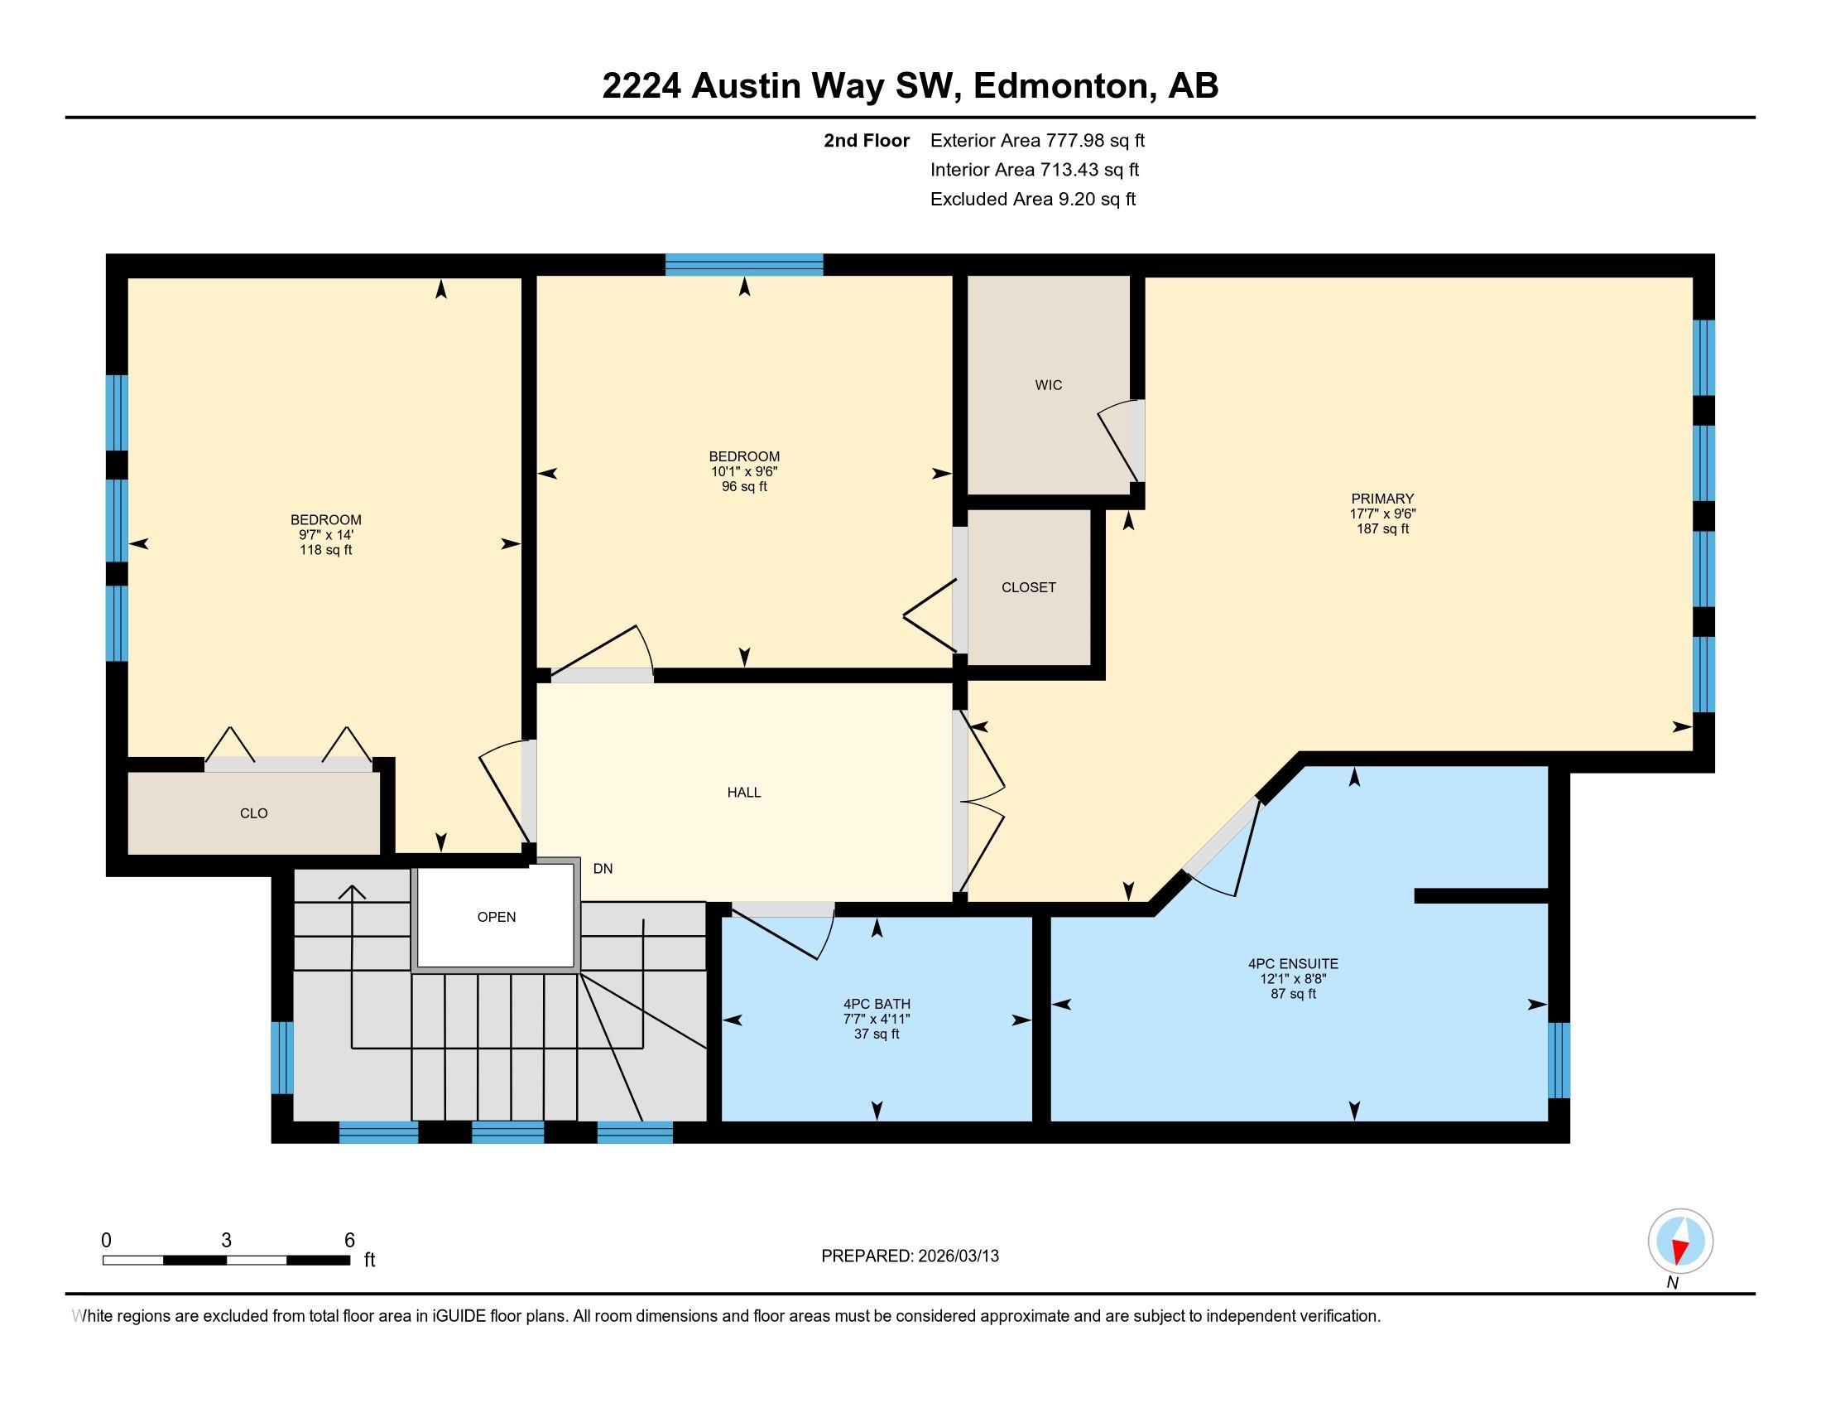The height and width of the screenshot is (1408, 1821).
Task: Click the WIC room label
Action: click(1048, 384)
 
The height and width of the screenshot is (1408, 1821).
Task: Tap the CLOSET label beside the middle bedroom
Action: click(1028, 587)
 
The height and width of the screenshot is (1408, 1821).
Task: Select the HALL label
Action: click(744, 793)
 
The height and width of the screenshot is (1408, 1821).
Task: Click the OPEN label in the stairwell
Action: click(496, 917)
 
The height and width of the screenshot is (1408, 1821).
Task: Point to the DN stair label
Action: click(603, 868)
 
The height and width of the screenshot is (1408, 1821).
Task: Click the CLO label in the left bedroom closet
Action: click(253, 813)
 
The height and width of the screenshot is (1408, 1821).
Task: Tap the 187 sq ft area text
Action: click(1382, 529)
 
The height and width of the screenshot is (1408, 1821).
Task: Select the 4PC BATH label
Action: click(877, 1005)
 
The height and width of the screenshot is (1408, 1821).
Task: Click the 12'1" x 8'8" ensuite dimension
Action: click(1292, 979)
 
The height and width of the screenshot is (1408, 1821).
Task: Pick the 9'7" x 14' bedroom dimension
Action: click(325, 535)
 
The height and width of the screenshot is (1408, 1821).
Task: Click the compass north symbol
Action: click(1680, 1242)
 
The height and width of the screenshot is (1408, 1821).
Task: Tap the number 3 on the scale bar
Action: click(226, 1241)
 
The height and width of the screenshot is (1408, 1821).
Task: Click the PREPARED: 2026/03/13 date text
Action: click(910, 1256)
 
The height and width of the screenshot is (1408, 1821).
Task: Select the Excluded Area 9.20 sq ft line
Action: click(1032, 200)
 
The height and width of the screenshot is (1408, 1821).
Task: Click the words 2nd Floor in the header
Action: click(866, 141)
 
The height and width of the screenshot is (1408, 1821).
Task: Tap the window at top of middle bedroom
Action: click(744, 264)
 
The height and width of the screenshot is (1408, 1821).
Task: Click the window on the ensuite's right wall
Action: click(1559, 1060)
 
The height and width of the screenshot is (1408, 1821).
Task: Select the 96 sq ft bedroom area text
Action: click(744, 486)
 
